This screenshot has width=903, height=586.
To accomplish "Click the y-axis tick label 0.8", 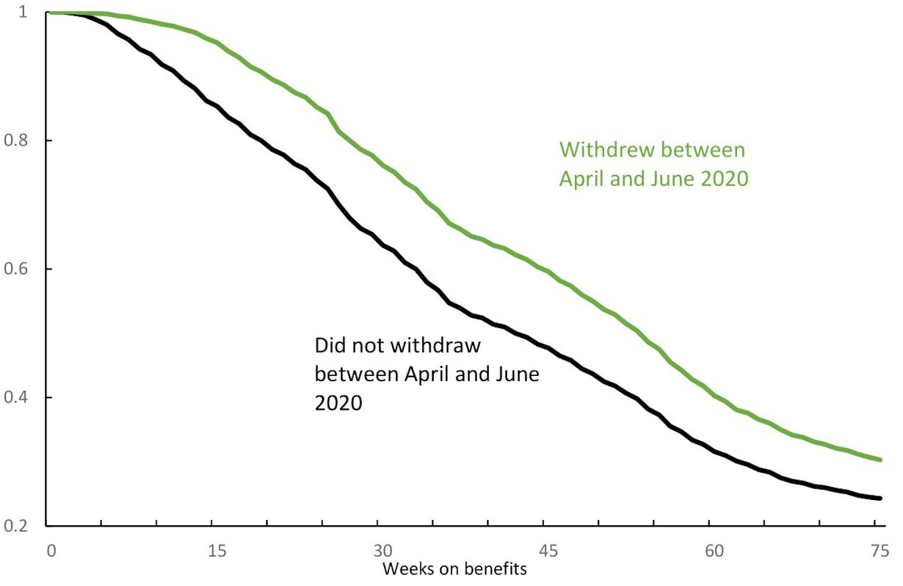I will pos(16,140).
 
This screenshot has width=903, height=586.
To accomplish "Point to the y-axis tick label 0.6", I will pos(16,269).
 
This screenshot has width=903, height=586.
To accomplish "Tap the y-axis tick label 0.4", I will pos(16,397).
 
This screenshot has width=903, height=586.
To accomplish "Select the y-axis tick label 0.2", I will pos(16,525).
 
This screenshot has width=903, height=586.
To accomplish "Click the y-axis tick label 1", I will pos(23,12).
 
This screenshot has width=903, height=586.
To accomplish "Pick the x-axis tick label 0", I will pos(51,551).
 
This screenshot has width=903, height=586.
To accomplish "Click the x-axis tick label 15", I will pos(217,551).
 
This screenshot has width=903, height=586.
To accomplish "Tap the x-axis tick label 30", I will pos(382,551).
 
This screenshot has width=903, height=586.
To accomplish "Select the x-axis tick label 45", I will pos(548,551).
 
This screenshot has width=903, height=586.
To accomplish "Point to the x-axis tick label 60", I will pos(714,551).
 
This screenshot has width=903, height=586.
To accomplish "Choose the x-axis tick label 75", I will pos(879,551).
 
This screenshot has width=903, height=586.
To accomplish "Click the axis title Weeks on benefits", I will pos(454,569).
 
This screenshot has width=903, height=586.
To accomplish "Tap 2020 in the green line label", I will pos(724,179).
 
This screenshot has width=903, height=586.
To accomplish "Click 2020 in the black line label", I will pos(338,403).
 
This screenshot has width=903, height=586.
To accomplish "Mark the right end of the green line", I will pos(880,459).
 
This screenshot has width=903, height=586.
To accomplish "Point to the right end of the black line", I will pos(880,498).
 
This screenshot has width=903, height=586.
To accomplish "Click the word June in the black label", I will pos(517,374).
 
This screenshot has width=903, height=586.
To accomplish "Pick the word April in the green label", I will pos(581,179).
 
